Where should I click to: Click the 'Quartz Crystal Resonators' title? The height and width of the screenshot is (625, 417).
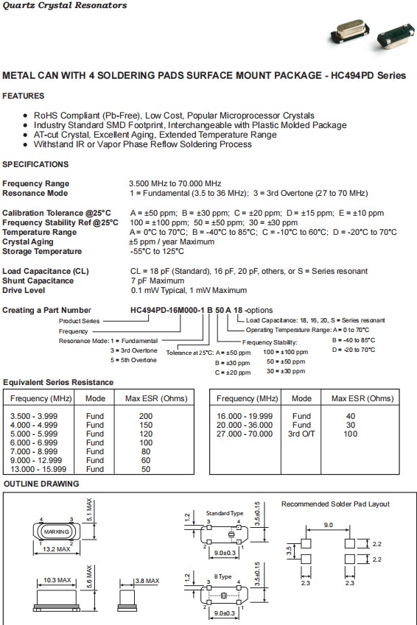pyautogui.click(x=64, y=6)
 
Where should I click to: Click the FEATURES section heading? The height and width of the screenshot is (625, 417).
pyautogui.click(x=23, y=96)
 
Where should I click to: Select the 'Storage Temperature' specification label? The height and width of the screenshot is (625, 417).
pyautogui.click(x=42, y=251)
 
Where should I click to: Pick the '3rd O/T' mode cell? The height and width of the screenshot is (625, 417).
pyautogui.click(x=301, y=434)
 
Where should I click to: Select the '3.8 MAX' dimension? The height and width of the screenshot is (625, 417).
pyautogui.click(x=147, y=581)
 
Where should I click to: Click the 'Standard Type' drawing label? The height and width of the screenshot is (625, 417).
pyautogui.click(x=224, y=512)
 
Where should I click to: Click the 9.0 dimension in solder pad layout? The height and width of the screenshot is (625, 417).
pyautogui.click(x=329, y=525)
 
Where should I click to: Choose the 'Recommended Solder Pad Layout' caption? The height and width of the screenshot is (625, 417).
pyautogui.click(x=335, y=504)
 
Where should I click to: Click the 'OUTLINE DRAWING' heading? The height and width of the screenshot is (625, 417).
pyautogui.click(x=41, y=484)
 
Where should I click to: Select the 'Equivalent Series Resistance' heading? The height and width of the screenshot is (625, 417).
pyautogui.click(x=58, y=382)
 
